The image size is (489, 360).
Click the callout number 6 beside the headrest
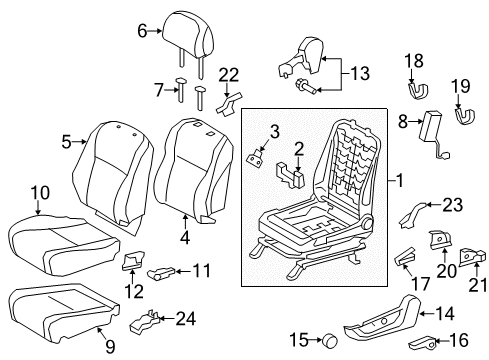coord(143,32)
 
